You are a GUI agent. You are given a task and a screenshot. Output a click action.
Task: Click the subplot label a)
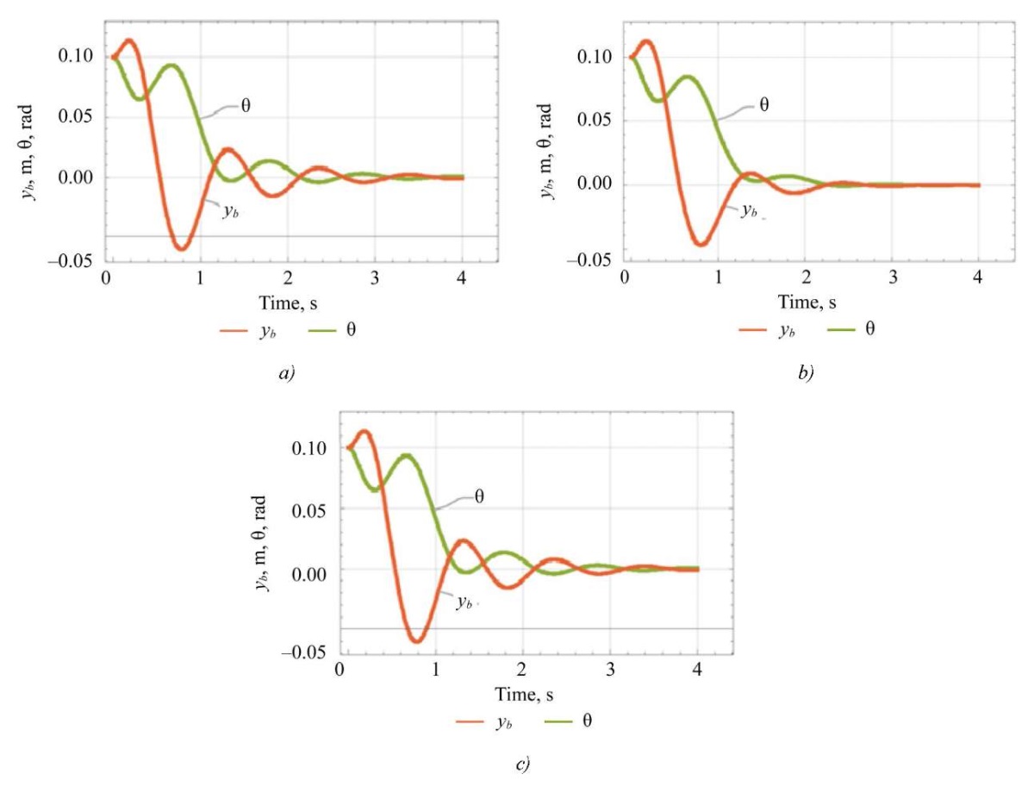pyautogui.click(x=286, y=373)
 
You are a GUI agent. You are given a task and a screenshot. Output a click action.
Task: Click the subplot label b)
pyautogui.click(x=807, y=373)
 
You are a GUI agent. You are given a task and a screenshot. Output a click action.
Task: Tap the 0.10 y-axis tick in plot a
pyautogui.click(x=78, y=57)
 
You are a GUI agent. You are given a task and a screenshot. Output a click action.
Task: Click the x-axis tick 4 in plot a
pyautogui.click(x=463, y=279)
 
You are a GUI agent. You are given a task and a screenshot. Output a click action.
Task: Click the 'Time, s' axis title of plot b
pyautogui.click(x=807, y=303)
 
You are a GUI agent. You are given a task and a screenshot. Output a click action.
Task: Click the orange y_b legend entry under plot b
pyautogui.click(x=767, y=330)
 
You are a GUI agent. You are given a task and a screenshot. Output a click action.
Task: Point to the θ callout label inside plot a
pyautogui.click(x=246, y=108)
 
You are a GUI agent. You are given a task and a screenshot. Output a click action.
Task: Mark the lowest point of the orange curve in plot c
pyautogui.click(x=417, y=640)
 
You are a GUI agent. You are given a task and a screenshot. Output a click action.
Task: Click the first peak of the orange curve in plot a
pyautogui.click(x=129, y=41)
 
